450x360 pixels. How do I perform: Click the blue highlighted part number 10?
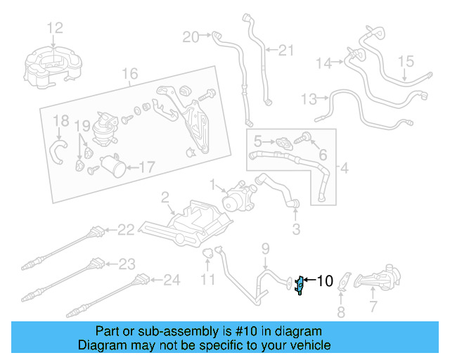(300, 285)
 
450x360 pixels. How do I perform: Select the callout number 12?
(55, 28)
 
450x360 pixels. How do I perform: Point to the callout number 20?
(191, 37)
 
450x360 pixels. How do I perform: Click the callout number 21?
(285, 50)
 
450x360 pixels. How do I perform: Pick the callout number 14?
(323, 64)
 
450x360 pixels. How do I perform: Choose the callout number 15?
(407, 63)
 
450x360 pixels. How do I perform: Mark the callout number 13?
(309, 98)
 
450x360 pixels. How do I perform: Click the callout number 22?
(125, 229)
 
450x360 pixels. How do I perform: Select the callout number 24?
(172, 281)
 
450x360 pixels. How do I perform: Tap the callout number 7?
(373, 307)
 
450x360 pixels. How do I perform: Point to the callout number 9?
(265, 247)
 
